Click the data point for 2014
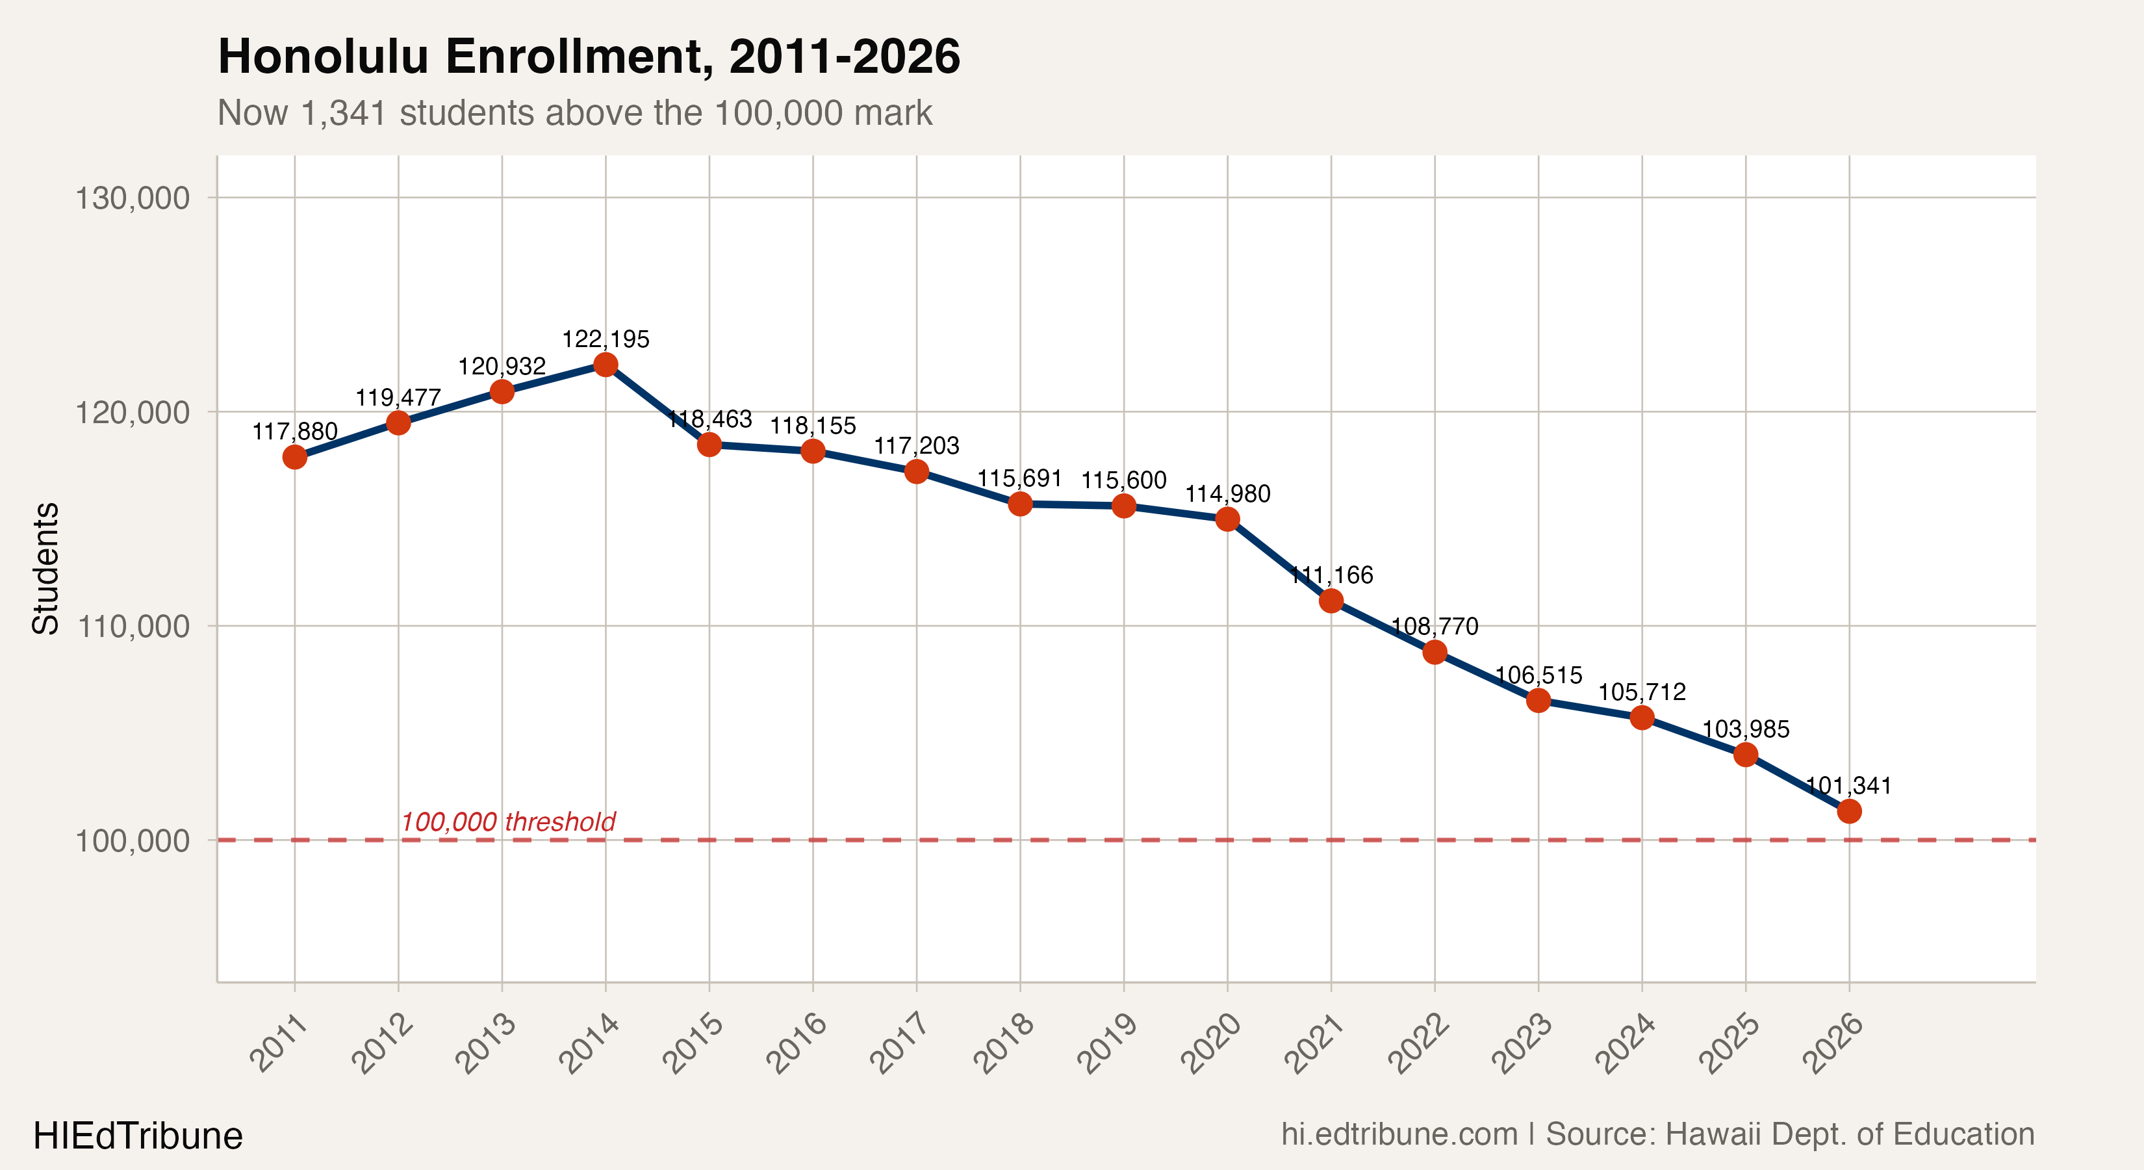click(x=605, y=365)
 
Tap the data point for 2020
click(x=1228, y=519)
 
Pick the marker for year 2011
click(x=294, y=457)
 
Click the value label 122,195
click(x=605, y=339)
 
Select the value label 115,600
click(x=1123, y=480)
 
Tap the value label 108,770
click(x=1435, y=626)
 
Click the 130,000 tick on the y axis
click(x=133, y=198)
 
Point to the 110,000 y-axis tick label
click(x=133, y=626)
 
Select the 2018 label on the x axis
click(x=1004, y=1043)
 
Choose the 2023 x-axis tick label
click(x=1522, y=1043)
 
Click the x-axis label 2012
click(x=383, y=1043)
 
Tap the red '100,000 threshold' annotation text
click(x=507, y=822)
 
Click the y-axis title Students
click(x=45, y=569)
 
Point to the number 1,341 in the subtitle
click(x=344, y=112)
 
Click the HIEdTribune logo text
click(x=137, y=1136)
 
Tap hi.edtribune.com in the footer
click(x=1399, y=1134)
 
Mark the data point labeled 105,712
click(x=1641, y=717)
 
